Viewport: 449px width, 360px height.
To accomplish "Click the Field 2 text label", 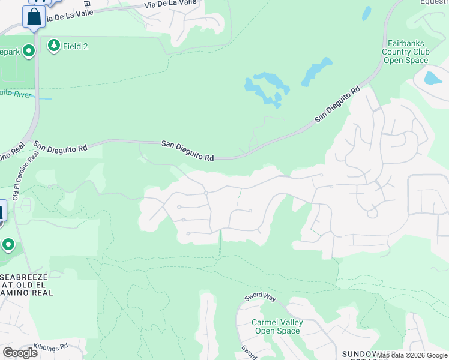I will tap(77, 46).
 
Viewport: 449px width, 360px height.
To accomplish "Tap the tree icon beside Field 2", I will tap(54, 46).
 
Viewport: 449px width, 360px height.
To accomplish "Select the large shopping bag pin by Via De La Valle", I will tap(34, 17).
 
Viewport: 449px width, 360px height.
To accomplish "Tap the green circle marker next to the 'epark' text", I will tap(29, 52).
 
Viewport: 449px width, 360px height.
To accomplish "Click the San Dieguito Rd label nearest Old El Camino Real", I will tap(60, 146).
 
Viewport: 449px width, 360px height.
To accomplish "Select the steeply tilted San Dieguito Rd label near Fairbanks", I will tap(337, 105).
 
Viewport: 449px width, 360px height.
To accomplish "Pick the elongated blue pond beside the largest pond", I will tap(316, 72).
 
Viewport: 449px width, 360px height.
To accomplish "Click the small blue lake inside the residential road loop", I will tap(433, 78).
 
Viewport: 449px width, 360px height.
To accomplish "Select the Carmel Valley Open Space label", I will tap(277, 326).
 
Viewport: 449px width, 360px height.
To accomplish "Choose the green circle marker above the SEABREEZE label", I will tap(8, 245).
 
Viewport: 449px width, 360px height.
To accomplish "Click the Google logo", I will tap(20, 353).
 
